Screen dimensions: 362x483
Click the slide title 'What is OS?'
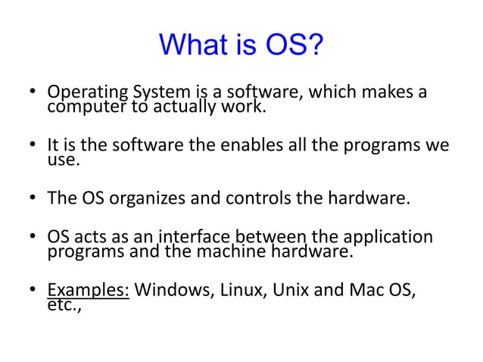241,47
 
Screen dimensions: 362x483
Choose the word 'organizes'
145,200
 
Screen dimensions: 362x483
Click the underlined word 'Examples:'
89,291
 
